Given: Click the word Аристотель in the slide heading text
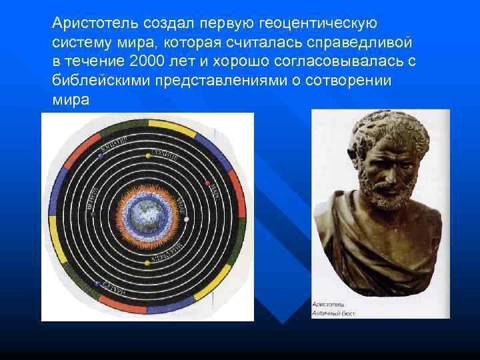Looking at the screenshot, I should (x=93, y=23).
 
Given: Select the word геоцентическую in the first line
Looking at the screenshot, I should (x=317, y=23).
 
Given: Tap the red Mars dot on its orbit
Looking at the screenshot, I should (x=207, y=183).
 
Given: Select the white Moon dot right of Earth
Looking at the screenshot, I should (x=187, y=218).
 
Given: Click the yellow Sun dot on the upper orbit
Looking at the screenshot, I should (x=148, y=155).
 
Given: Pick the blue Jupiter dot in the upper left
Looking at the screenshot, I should (x=100, y=157).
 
